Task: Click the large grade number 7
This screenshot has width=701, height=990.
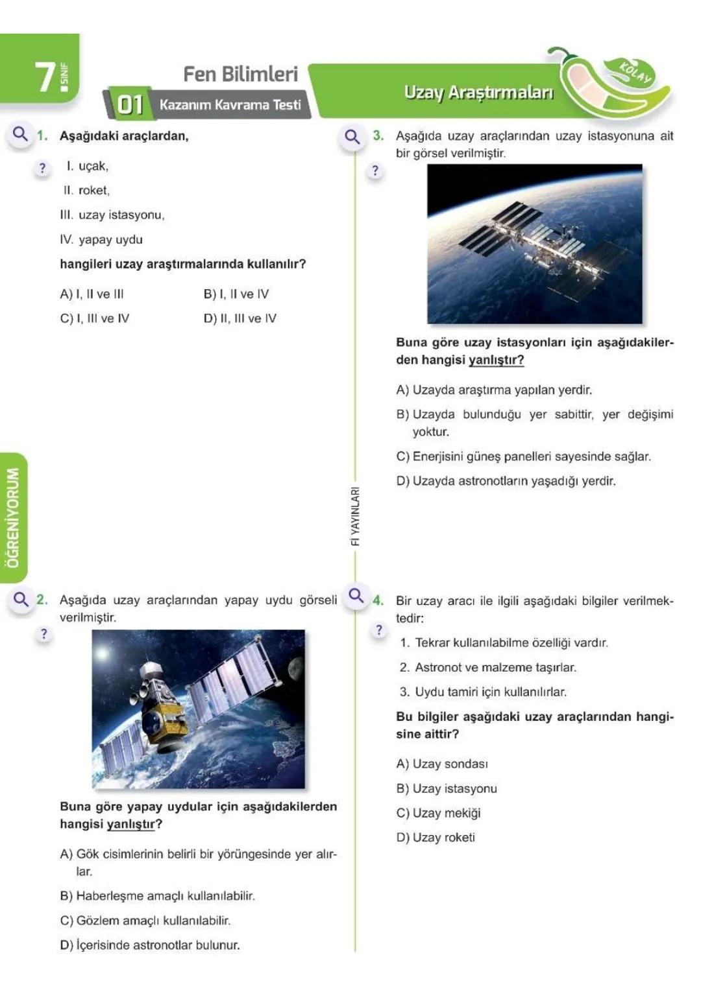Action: pyautogui.click(x=45, y=77)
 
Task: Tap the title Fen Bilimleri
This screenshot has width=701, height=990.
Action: pyautogui.click(x=240, y=74)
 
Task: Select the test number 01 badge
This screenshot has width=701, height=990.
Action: pyautogui.click(x=129, y=104)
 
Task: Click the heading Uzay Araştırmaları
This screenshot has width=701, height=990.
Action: pyautogui.click(x=478, y=92)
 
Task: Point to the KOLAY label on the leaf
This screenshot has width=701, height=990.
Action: pyautogui.click(x=635, y=72)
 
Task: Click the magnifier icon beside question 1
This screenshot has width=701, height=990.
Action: pyautogui.click(x=21, y=134)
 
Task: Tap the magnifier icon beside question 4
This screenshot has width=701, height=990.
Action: pyautogui.click(x=356, y=595)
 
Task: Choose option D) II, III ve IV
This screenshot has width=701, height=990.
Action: pyautogui.click(x=240, y=318)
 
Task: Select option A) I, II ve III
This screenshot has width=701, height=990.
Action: pyautogui.click(x=92, y=294)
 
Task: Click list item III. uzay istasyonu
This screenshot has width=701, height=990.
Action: pyautogui.click(x=112, y=215)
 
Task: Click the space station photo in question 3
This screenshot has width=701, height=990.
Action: pyautogui.click(x=534, y=244)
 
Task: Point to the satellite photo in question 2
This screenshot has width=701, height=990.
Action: pyautogui.click(x=198, y=709)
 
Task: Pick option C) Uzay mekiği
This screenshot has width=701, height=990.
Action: pyautogui.click(x=438, y=813)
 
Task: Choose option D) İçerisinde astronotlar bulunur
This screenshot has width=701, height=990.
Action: pyautogui.click(x=150, y=945)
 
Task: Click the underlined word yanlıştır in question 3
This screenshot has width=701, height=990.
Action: pyautogui.click(x=496, y=360)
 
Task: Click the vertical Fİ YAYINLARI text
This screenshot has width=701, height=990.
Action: pyautogui.click(x=355, y=516)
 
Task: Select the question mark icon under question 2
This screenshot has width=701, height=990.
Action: pyautogui.click(x=43, y=633)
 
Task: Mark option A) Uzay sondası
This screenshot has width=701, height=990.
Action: pyautogui.click(x=442, y=764)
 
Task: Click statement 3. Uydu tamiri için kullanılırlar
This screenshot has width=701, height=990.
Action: pyautogui.click(x=483, y=692)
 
